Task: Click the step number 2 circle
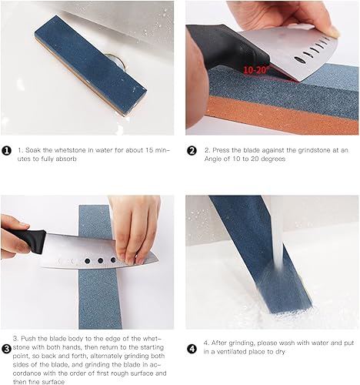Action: pyautogui.click(x=192, y=150)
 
